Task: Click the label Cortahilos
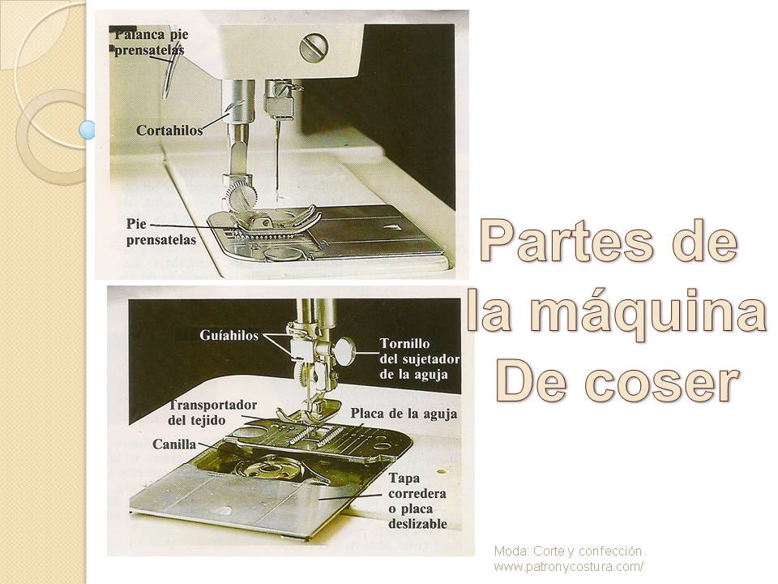pos(169,130)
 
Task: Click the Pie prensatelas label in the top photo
pos(161,231)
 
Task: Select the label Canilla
pos(176,444)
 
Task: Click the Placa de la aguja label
pos(404,414)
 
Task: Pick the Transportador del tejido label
pos(212,412)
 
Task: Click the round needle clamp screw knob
pos(344,350)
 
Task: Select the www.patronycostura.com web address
pos(569,566)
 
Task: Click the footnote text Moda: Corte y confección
pos(570,551)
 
